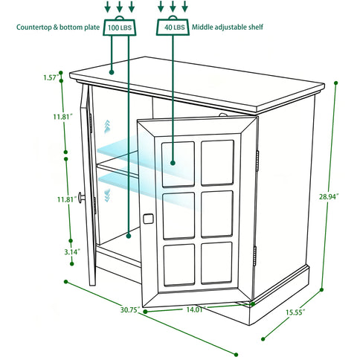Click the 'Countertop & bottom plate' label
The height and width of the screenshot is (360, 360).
[x=58, y=28]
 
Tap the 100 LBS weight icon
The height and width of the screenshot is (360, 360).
[x=120, y=28]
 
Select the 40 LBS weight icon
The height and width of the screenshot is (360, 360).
[x=173, y=28]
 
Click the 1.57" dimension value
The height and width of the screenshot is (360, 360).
[x=51, y=77]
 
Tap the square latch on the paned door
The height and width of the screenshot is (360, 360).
[x=147, y=219]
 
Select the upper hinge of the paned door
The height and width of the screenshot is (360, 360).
[x=257, y=157]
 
